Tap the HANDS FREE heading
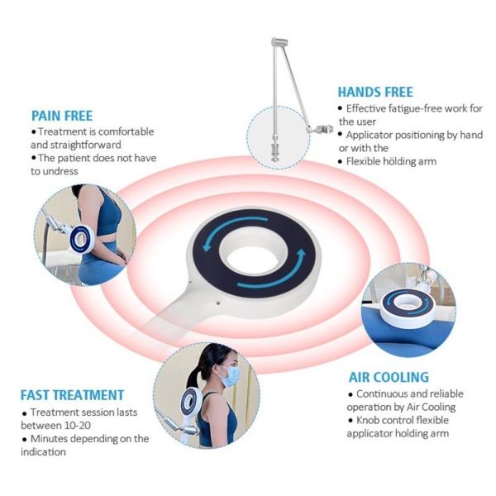coord(375,92)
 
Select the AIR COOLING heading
coord(388,378)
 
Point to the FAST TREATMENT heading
coord(72,395)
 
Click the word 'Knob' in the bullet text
coord(370,420)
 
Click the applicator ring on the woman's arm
coord(80,241)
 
